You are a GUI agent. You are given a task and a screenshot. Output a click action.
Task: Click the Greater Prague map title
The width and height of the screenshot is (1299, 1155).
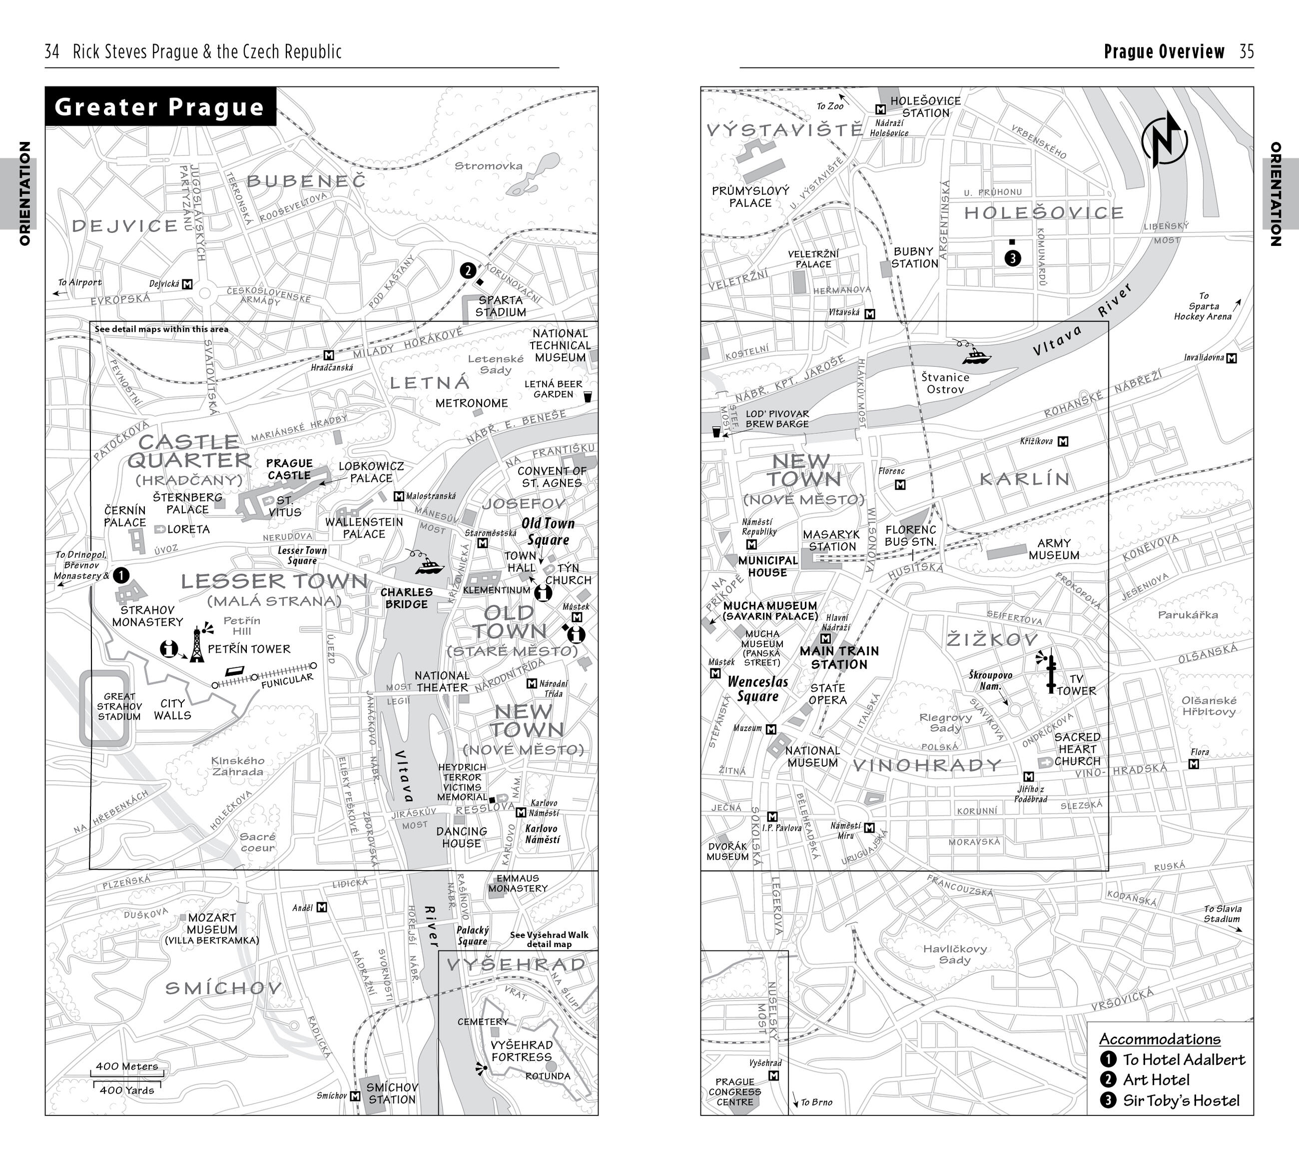click(x=159, y=107)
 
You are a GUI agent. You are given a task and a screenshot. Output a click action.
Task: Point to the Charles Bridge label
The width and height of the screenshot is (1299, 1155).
click(x=406, y=598)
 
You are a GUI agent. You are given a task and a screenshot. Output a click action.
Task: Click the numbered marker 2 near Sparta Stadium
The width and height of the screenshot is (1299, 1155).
click(x=468, y=271)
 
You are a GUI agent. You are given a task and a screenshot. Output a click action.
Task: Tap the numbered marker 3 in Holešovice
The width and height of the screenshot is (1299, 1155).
click(x=1012, y=258)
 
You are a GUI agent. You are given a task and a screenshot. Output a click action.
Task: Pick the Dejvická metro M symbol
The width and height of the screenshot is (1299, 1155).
click(x=187, y=284)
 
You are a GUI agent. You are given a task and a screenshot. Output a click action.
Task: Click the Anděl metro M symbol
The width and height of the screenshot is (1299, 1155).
click(x=322, y=907)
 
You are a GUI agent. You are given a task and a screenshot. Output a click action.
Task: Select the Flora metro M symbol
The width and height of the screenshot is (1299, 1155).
click(x=1194, y=764)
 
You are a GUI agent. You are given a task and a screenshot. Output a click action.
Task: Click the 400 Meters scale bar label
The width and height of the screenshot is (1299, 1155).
click(x=126, y=1066)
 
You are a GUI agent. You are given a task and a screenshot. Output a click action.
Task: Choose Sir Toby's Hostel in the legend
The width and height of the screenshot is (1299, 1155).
click(x=1181, y=1101)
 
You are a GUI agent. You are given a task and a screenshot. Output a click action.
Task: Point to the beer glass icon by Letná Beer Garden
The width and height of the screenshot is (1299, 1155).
click(x=587, y=397)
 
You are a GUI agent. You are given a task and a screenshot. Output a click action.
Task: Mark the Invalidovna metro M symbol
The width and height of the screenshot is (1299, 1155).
click(x=1232, y=358)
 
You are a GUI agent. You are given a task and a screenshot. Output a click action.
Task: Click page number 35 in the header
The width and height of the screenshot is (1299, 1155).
click(x=1246, y=51)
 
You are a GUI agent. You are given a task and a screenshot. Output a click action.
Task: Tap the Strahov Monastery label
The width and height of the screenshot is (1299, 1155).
click(x=147, y=616)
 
